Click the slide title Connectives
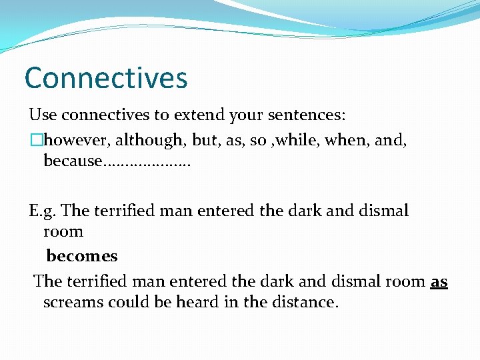coord(106,78)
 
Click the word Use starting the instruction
coord(43,115)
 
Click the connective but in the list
coord(204,140)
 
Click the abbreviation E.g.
coord(42,211)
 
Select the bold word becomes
coord(81,256)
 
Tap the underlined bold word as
coord(439,281)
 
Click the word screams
coord(73,302)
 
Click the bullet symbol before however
coord(35,140)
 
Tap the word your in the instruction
coord(246,115)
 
